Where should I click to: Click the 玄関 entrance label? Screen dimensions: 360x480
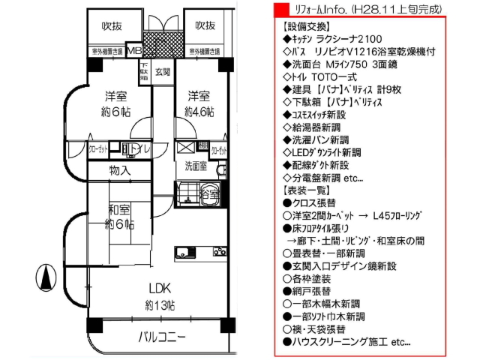pos(163,73)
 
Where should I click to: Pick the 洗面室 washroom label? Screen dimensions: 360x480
pos(196,166)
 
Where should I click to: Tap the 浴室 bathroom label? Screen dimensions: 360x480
pos(210,194)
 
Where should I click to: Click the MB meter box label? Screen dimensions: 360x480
pos(133,51)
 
